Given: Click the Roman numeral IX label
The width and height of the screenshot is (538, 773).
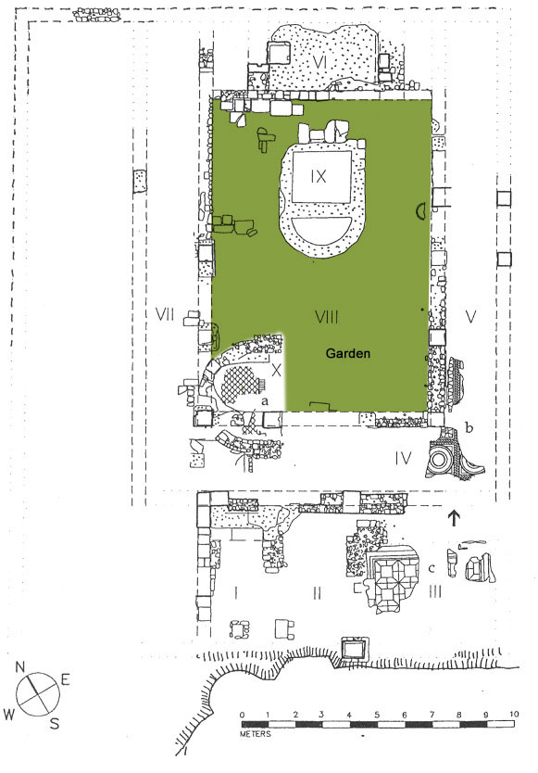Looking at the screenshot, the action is [x=319, y=176].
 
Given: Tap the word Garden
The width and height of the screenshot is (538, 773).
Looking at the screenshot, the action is [x=348, y=353].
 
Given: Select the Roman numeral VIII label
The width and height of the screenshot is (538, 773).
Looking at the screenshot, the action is [x=327, y=317].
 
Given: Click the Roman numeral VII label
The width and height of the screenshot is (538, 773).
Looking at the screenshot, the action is [x=165, y=314].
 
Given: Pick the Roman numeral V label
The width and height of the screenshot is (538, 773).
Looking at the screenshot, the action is [x=471, y=316].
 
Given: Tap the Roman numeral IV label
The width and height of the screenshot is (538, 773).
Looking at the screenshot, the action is [x=403, y=459].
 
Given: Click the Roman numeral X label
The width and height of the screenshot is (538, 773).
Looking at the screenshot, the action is [x=276, y=370].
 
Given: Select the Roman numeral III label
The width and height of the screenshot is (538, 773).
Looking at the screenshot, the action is [x=435, y=591].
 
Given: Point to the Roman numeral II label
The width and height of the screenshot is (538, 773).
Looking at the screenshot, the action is [x=318, y=591].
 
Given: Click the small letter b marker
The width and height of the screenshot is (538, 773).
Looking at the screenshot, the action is [x=469, y=427].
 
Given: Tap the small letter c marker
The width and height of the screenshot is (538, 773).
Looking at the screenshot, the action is [x=432, y=568].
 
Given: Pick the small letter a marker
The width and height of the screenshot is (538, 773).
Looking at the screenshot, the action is [x=265, y=401].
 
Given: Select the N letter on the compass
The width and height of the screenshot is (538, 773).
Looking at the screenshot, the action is [x=20, y=667].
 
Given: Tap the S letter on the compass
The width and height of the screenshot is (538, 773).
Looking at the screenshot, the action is [x=55, y=723].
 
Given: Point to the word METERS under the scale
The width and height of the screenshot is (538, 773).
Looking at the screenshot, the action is [x=256, y=734].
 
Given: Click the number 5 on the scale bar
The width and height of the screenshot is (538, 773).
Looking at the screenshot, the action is [x=377, y=715].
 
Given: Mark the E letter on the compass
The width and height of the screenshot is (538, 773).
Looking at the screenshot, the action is [x=65, y=679].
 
